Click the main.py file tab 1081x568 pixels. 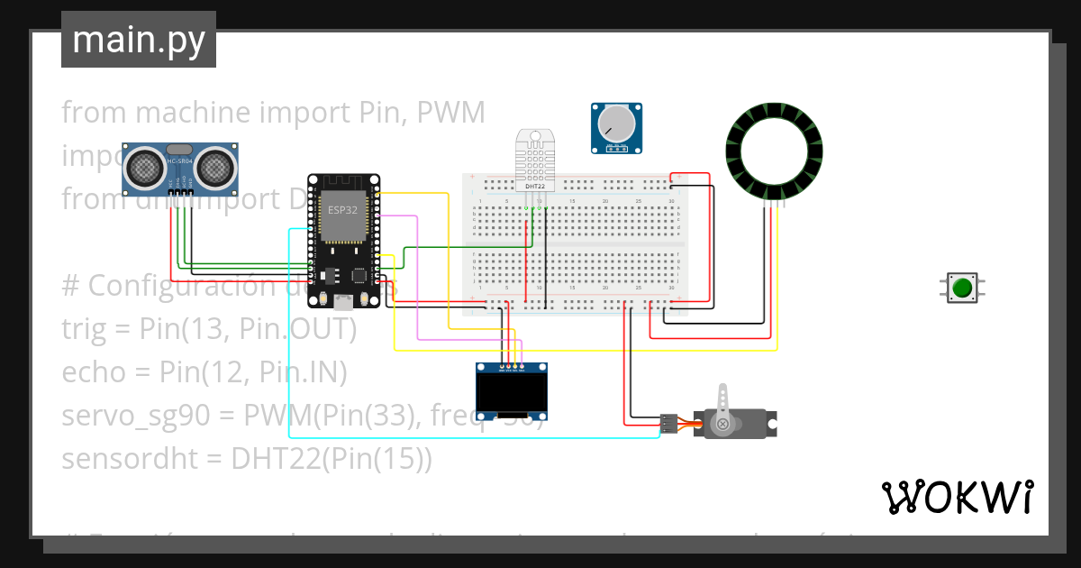[x=139, y=40]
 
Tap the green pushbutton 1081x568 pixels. [x=962, y=288]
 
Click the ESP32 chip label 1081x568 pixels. [x=341, y=209]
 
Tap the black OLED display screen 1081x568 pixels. [x=512, y=391]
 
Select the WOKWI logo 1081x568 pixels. [x=957, y=497]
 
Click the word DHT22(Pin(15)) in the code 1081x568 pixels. [x=332, y=459]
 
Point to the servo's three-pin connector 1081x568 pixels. [x=668, y=422]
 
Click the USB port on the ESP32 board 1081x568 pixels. [x=342, y=299]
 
